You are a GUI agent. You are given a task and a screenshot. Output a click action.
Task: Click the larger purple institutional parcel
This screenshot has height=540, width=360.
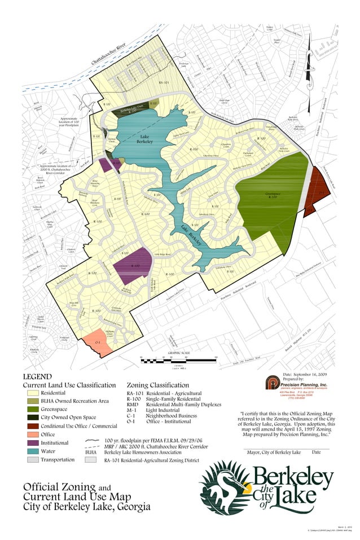click(133, 266)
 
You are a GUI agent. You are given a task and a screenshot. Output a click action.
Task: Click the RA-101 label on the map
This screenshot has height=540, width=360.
click(164, 83)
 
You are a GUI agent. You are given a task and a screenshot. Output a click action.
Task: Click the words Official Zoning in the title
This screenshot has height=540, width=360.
click(52, 487)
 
